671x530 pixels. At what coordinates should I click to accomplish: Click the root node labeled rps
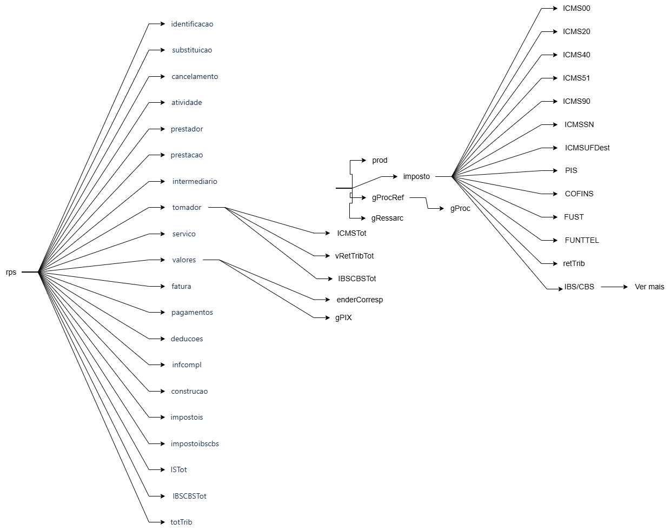click(11, 272)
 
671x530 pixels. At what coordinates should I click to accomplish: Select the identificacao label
click(192, 24)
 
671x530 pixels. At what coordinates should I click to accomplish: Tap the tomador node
click(187, 208)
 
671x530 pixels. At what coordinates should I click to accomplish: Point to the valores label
click(184, 260)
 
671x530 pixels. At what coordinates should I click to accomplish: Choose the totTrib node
click(181, 522)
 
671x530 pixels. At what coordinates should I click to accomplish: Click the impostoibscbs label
click(195, 443)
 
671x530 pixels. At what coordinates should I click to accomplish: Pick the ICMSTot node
click(351, 233)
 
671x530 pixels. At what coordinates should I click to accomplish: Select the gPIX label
click(343, 317)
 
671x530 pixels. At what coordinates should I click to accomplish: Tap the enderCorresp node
click(360, 300)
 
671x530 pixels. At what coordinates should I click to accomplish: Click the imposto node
click(416, 176)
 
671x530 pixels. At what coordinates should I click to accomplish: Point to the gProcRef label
click(388, 197)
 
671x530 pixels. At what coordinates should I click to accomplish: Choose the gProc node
click(460, 208)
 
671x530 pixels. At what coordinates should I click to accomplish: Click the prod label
click(380, 160)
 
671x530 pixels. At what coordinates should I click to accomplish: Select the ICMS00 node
click(576, 8)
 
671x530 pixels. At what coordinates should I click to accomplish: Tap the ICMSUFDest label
click(587, 148)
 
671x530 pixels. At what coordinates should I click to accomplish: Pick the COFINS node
click(579, 194)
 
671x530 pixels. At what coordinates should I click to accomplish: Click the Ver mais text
click(649, 287)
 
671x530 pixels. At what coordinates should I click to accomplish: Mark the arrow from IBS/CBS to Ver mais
click(614, 287)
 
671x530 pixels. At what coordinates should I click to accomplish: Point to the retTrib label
click(574, 263)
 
